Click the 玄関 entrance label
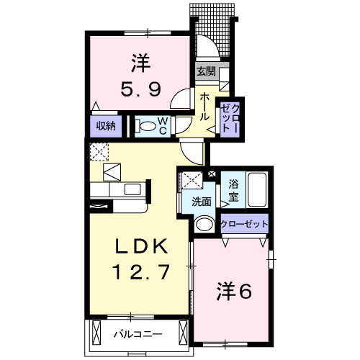pos(205,71)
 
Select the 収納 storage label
pos(106,126)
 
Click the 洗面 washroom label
pos(202,202)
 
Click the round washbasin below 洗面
pos(204,223)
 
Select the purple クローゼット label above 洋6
pos(245,224)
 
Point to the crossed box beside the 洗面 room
pos(191,181)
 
